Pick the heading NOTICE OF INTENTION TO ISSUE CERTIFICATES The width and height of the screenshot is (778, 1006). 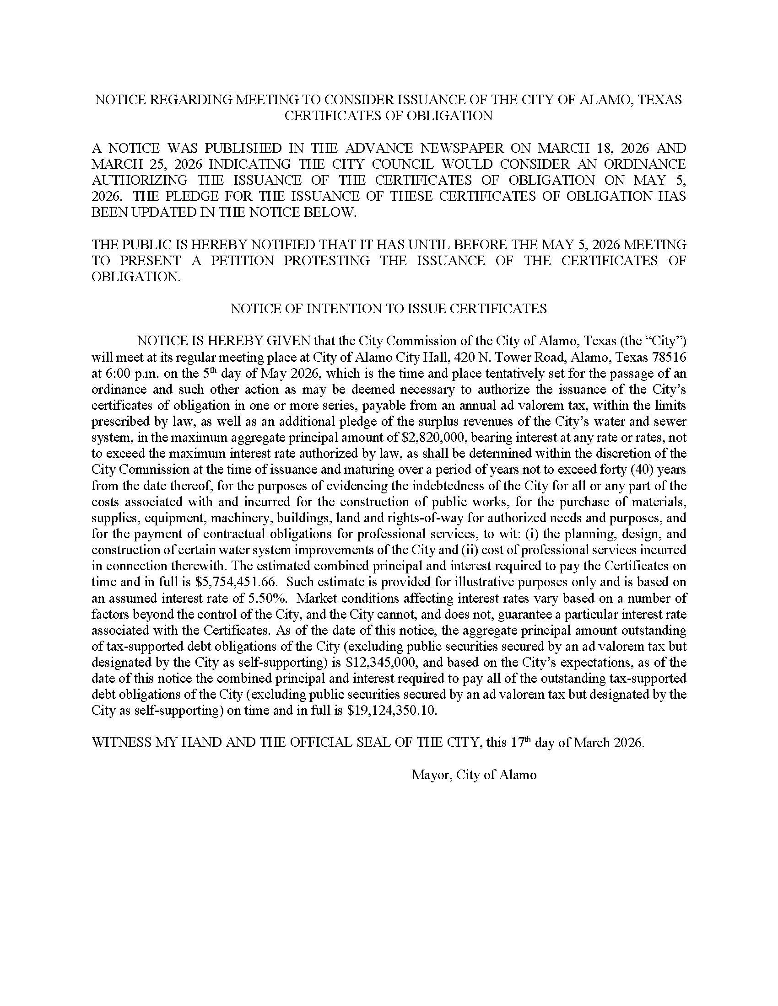tap(389, 309)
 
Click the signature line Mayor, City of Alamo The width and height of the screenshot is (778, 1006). tap(474, 775)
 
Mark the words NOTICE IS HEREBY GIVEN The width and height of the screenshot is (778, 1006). tap(224, 341)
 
